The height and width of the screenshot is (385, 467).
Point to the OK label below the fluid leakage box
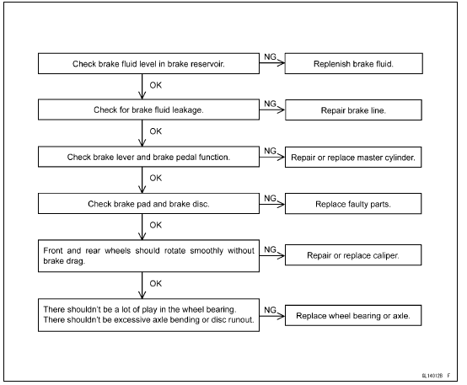click(x=155, y=131)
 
